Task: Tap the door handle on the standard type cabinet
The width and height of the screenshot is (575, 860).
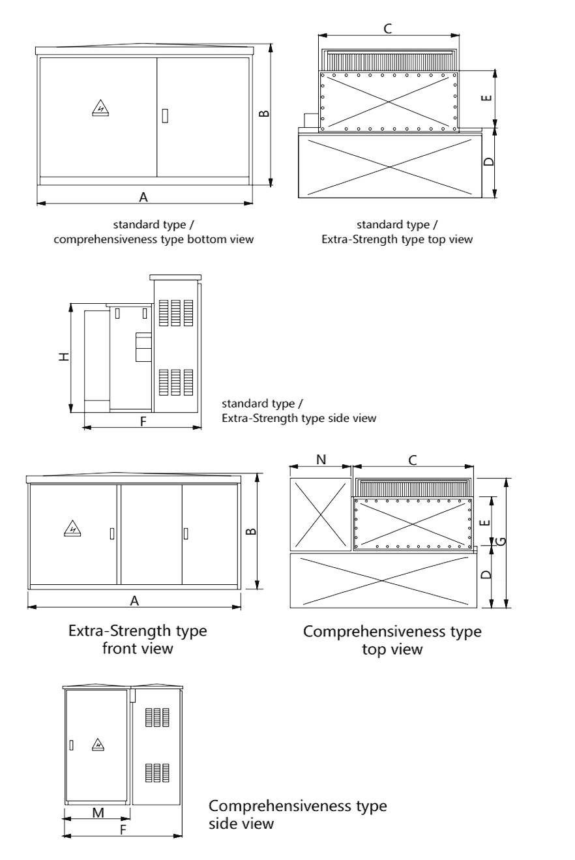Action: [165, 115]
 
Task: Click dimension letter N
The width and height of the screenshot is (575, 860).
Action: [321, 459]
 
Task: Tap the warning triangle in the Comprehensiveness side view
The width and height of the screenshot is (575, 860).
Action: [98, 743]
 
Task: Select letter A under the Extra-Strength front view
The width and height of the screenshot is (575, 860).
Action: [134, 601]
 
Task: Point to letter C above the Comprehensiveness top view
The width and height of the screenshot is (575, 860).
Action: [412, 460]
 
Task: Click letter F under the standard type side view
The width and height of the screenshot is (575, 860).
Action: [143, 421]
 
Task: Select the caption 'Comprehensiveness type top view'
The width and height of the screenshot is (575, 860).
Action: [392, 640]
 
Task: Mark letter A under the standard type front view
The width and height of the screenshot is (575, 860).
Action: [144, 196]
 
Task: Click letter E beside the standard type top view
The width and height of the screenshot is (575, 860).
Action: [486, 98]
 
